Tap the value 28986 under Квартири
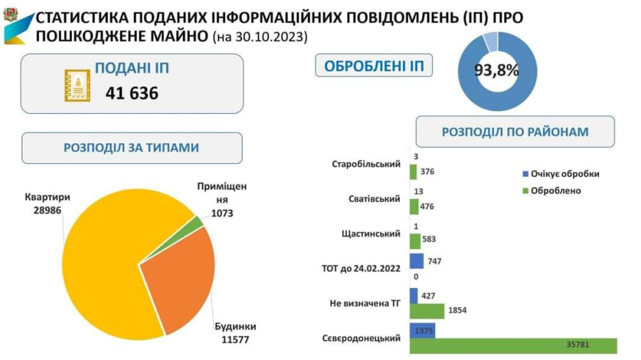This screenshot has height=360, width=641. tap(48, 210)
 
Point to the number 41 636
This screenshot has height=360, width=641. tap(132, 93)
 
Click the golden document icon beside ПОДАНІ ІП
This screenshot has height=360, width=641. tap(77, 85)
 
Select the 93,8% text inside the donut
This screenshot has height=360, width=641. tap(497, 71)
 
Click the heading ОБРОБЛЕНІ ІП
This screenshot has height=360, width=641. tap(374, 66)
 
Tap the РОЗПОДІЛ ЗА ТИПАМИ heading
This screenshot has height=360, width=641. tap(132, 148)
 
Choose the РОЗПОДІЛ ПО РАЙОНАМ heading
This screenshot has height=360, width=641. tap(515, 132)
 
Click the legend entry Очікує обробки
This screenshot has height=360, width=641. tap(561, 173)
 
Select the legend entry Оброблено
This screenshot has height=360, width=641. tap(552, 191)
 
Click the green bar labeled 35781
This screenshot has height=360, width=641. tap(513, 346)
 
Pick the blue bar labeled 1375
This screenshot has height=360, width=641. tap(422, 331)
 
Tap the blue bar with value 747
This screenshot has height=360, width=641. tap(417, 261)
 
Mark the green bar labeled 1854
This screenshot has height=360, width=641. tap(427, 311)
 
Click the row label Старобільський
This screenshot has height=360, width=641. tap(366, 165)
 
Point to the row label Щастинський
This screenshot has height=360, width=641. tap(370, 234)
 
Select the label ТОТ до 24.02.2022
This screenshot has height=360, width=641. tap(361, 268)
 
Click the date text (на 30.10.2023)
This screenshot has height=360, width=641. tap(260, 37)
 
